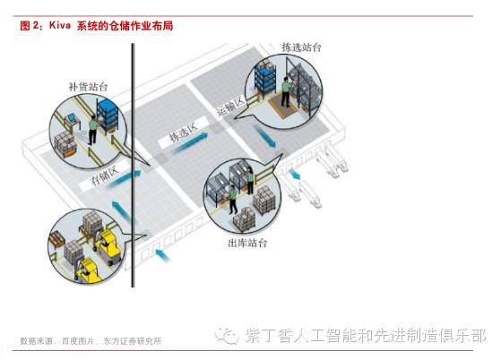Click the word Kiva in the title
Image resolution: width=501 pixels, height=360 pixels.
[x=60, y=25]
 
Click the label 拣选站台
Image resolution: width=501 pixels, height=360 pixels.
[x=301, y=47]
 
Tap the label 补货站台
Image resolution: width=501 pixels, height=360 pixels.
[x=88, y=87]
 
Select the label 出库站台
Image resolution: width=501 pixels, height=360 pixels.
[x=247, y=244]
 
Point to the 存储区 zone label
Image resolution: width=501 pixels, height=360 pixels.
[x=105, y=176]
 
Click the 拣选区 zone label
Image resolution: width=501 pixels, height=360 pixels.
[x=184, y=133]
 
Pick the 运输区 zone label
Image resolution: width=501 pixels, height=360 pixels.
[x=230, y=106]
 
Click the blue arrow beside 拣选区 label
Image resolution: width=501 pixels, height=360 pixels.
[x=190, y=142]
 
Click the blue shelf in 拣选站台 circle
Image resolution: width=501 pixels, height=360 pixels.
[x=265, y=78]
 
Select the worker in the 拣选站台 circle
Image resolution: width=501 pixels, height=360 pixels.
[x=286, y=92]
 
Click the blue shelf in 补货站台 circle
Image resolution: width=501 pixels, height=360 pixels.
[x=108, y=116]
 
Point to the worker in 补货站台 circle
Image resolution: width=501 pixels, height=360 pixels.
[x=92, y=130]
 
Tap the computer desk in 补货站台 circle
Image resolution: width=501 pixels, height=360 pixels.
[x=73, y=121]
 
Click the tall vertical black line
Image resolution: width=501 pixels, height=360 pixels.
[x=133, y=166]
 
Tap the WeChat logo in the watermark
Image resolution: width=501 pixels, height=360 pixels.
[x=227, y=336]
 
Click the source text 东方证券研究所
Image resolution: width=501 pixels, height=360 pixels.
[x=133, y=341]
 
